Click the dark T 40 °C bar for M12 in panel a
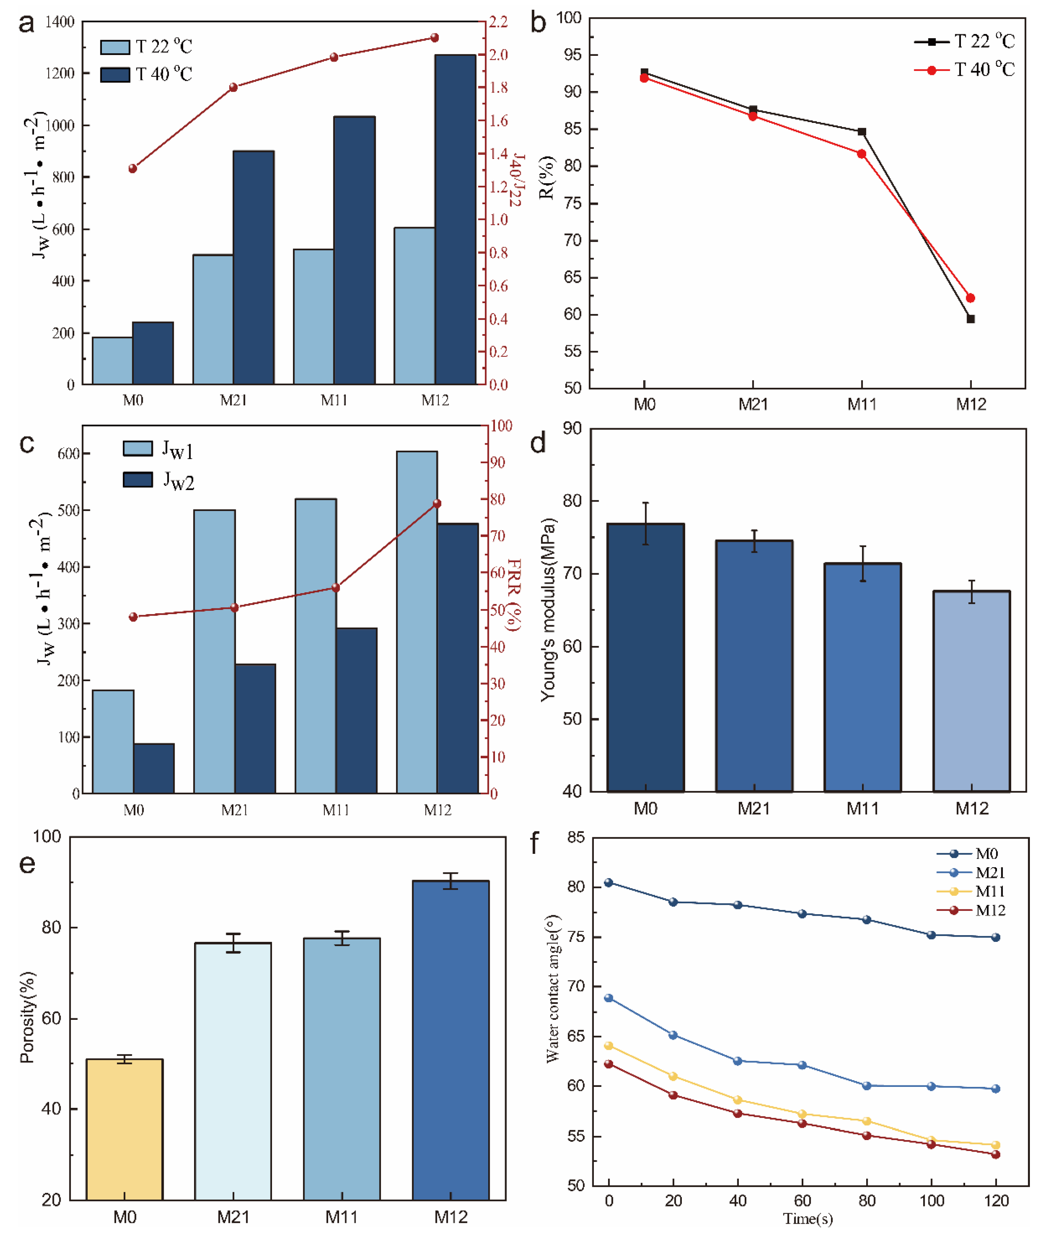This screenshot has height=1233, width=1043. click(455, 219)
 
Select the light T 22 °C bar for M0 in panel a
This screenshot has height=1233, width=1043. click(112, 361)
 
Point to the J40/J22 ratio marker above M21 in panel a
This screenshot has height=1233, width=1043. click(233, 88)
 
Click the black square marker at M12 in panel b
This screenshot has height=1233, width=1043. click(970, 319)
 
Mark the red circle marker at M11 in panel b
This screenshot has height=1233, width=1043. click(861, 154)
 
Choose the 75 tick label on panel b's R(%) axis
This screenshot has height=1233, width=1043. click(573, 203)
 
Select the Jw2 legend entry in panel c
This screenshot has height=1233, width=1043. click(158, 480)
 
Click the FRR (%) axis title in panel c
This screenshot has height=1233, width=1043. click(513, 594)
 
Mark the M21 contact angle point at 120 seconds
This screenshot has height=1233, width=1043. click(996, 1089)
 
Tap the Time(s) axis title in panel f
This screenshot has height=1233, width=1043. click(808, 1218)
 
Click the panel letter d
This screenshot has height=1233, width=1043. click(538, 444)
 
